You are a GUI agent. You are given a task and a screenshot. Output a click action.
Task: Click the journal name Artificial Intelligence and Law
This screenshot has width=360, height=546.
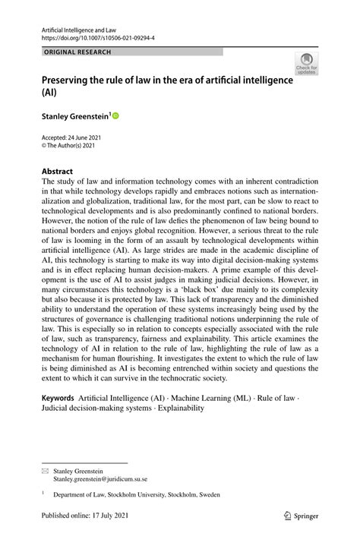[x=77, y=26]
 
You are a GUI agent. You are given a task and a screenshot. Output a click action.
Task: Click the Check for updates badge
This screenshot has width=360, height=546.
[x=307, y=63]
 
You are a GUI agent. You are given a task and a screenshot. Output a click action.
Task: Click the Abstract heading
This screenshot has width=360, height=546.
[x=58, y=172]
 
